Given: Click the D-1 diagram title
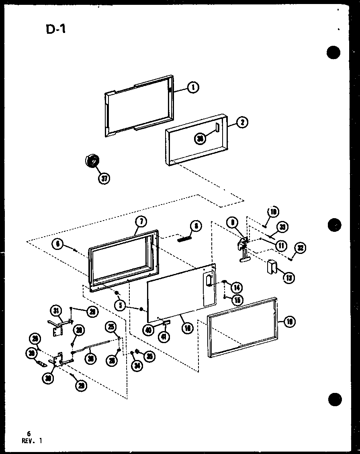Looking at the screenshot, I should (x=56, y=30).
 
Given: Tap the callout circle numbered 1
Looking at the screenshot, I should (x=193, y=87).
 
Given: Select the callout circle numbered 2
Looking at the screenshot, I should (x=241, y=123).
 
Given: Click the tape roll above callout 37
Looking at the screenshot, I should (x=91, y=161).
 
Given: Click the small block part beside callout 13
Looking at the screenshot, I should (x=272, y=266).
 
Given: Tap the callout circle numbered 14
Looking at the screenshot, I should (x=237, y=287).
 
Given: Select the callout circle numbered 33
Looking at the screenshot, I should (x=282, y=227).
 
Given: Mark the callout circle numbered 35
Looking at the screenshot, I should (x=149, y=356).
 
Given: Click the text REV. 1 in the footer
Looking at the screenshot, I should (x=32, y=440).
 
